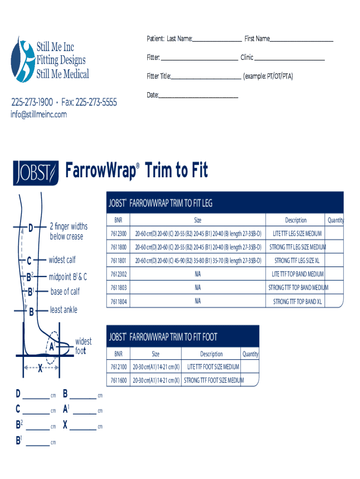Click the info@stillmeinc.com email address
[39, 115]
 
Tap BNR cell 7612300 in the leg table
[119, 233]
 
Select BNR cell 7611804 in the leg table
[119, 302]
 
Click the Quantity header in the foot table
[250, 354]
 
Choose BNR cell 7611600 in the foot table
[119, 380]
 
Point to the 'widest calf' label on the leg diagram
[62, 260]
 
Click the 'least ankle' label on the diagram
[64, 310]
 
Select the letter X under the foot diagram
[40, 370]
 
